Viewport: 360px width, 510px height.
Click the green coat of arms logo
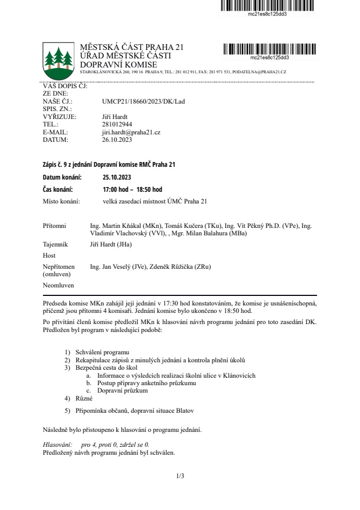pyautogui.click(x=58, y=59)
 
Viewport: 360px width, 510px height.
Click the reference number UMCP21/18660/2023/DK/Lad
pyautogui.click(x=143, y=101)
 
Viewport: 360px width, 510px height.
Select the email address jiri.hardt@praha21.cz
pyautogui.click(x=131, y=132)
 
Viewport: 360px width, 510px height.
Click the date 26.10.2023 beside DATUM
pyautogui.click(x=116, y=140)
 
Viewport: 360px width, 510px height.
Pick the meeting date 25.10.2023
pyautogui.click(x=116, y=178)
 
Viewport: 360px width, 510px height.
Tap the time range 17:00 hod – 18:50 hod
pyautogui.click(x=132, y=190)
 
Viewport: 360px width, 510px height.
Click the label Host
pyautogui.click(x=49, y=256)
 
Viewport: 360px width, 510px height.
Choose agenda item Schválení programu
pyautogui.click(x=102, y=352)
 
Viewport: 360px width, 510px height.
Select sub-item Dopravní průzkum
pyautogui.click(x=123, y=390)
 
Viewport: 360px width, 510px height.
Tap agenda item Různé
pyautogui.click(x=84, y=398)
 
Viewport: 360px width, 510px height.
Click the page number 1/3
pyautogui.click(x=180, y=476)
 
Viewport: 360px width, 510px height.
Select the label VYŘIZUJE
pyautogui.click(x=59, y=116)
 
